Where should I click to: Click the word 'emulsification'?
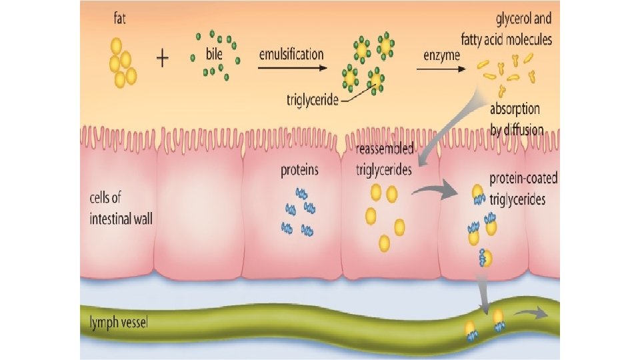point(291,53)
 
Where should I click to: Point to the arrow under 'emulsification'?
point(293,67)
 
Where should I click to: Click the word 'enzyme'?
point(442,55)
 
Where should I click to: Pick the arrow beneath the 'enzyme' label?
point(442,68)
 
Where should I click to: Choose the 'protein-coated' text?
point(523,179)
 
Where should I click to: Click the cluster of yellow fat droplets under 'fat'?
point(120,63)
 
